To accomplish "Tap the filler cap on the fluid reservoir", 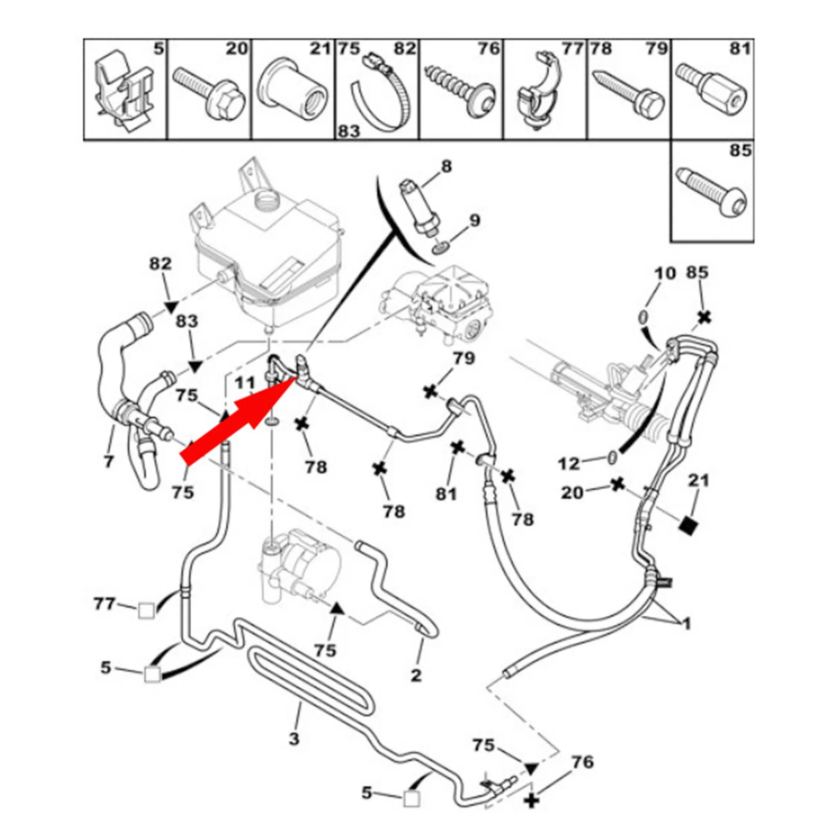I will coord(265,198).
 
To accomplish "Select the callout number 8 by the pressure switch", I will coord(446,167).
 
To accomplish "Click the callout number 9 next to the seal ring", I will coord(475,221).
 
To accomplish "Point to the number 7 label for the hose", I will coord(109,461).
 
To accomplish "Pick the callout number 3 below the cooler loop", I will coord(294,738).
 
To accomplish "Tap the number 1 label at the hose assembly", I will coord(686,624).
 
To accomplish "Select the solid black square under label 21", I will coord(688,525).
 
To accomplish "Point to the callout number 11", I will coord(244,383).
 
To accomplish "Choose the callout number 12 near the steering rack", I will coord(568,464).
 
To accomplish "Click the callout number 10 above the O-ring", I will coord(665,274).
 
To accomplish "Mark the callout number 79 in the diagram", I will coord(464,358).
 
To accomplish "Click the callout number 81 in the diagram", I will coord(446,494).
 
